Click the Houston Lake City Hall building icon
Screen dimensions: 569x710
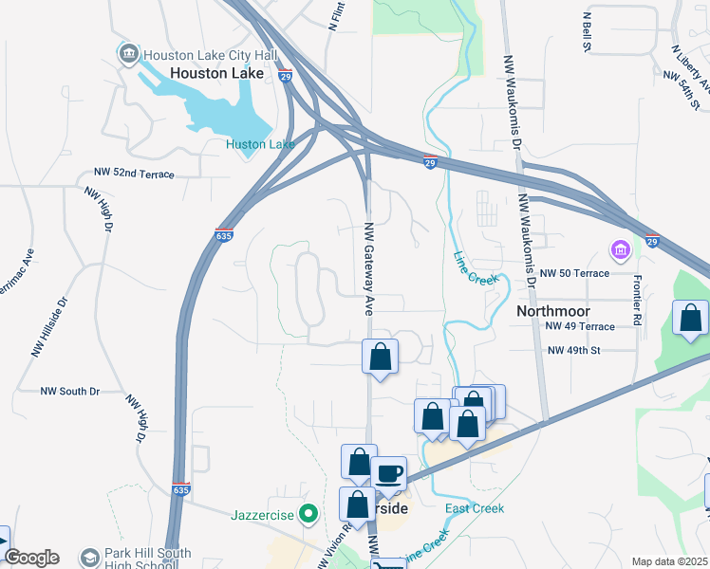(x=127, y=54)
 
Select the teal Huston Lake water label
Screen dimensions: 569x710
(x=260, y=144)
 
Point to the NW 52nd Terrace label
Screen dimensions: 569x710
(x=134, y=174)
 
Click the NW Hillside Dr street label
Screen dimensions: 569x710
(x=51, y=328)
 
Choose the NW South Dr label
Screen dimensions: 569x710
(x=70, y=391)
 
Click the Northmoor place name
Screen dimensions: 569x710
(x=553, y=311)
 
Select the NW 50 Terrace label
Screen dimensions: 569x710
(x=574, y=273)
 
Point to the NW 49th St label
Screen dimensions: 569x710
(x=574, y=350)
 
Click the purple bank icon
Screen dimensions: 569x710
(x=621, y=251)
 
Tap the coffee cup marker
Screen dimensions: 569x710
(x=388, y=472)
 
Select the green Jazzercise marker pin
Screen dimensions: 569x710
(x=308, y=515)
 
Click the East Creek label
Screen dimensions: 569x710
(x=475, y=508)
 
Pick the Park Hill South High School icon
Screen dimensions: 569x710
(x=90, y=558)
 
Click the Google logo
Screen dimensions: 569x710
(x=31, y=558)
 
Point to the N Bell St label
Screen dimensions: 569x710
(x=587, y=31)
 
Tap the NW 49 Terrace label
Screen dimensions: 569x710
(x=580, y=326)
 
